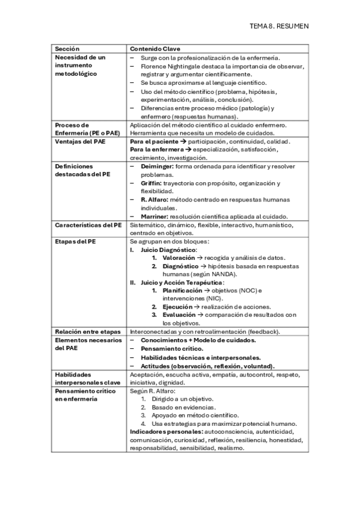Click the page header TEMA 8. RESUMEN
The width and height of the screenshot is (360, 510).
(x=279, y=26)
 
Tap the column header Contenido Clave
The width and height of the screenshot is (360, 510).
(x=156, y=48)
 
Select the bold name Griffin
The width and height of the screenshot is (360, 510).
(x=152, y=182)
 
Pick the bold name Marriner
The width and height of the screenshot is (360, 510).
(x=156, y=216)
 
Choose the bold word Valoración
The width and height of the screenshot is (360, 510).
(x=178, y=257)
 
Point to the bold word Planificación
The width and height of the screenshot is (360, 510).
(x=183, y=290)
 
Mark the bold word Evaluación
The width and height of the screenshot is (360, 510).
(x=179, y=315)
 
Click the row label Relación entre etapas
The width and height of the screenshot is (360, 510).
(x=88, y=331)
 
